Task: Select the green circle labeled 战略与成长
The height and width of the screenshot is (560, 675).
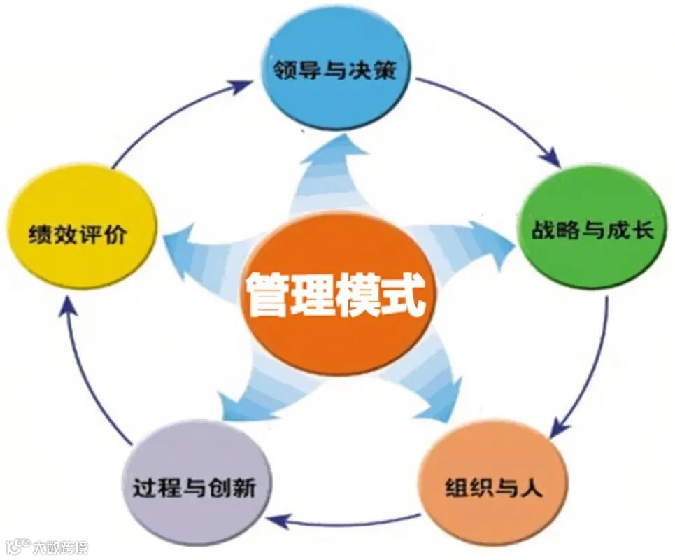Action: coord(590,228)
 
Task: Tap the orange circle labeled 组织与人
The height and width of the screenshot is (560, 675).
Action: coord(492,486)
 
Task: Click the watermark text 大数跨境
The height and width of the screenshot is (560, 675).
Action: coord(62,547)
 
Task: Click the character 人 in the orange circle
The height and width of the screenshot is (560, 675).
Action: coord(532,487)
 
